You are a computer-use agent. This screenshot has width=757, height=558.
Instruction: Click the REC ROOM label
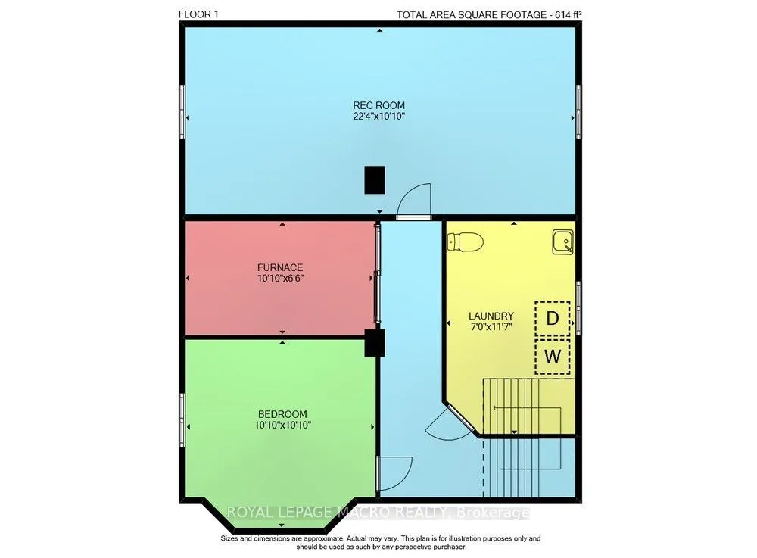(378, 105)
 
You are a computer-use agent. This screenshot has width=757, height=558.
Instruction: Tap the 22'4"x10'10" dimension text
(378, 117)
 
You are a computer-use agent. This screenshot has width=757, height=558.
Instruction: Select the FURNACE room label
(280, 267)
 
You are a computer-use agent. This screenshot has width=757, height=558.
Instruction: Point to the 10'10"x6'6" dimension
(280, 279)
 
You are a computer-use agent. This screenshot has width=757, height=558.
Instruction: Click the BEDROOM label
(282, 414)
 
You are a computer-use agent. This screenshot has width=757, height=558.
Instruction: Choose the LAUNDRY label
(491, 316)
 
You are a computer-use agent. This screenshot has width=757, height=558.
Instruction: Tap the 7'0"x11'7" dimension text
(491, 327)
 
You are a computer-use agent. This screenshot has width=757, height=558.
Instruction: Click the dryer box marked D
(553, 318)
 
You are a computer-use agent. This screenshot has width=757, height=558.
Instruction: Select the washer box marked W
(553, 357)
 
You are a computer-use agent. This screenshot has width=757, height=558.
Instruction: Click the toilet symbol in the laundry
(466, 242)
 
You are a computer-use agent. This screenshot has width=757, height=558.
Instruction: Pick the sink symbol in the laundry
(563, 242)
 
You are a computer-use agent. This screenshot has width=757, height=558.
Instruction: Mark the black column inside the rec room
(375, 180)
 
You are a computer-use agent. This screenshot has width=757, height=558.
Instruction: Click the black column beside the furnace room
(374, 343)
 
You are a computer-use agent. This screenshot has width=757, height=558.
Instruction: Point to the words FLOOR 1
(198, 14)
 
